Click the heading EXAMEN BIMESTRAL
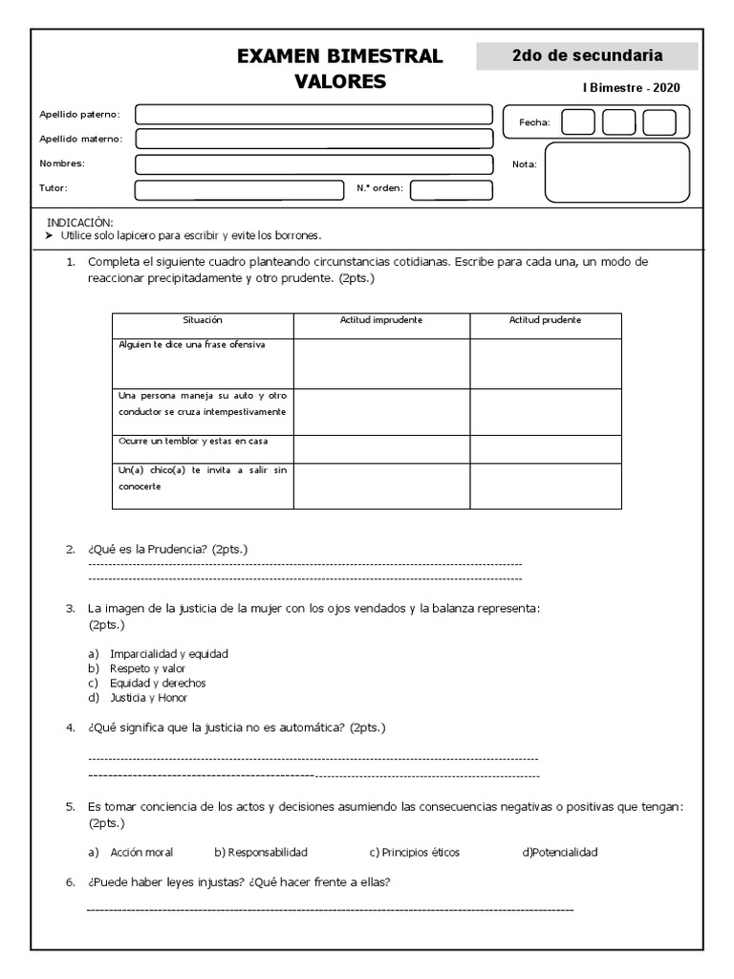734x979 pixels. point(339,56)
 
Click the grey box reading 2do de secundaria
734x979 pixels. point(587,56)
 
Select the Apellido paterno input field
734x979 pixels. point(313,115)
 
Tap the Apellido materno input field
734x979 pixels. point(313,139)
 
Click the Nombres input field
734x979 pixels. point(313,163)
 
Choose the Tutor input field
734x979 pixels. point(239,189)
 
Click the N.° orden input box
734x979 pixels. point(451,189)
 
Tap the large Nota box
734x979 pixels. point(616,172)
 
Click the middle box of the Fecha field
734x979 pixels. point(618,122)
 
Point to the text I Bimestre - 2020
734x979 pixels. point(632,87)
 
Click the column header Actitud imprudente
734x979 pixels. point(381,320)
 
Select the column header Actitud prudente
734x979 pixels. point(545,320)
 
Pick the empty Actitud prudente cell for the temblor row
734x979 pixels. point(545,448)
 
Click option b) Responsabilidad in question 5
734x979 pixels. point(261,852)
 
